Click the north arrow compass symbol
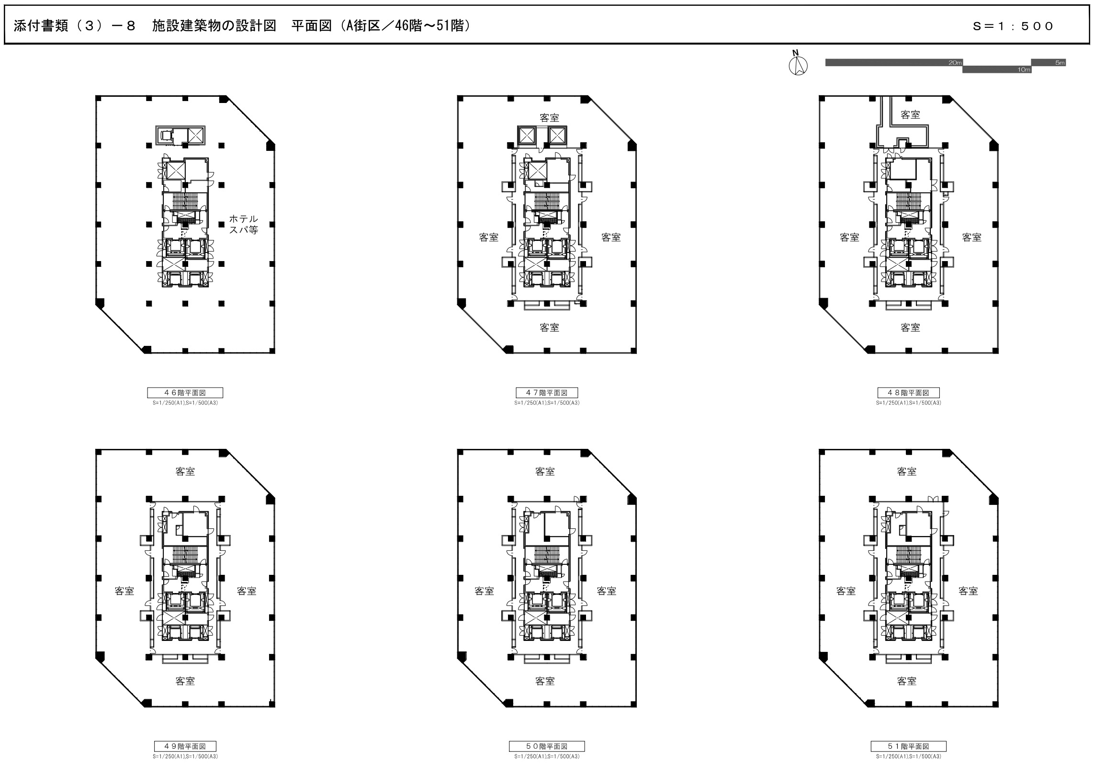[x=798, y=64]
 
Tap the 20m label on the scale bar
[x=955, y=63]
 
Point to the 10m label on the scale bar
[x=1024, y=70]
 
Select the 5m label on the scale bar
[x=1060, y=63]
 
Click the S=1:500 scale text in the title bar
[x=1013, y=26]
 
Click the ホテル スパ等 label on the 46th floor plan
[x=244, y=224]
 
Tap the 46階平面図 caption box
[x=185, y=393]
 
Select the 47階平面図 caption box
[x=547, y=393]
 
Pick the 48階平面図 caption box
[x=908, y=393]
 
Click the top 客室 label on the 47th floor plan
[x=549, y=118]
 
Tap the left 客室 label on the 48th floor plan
[x=849, y=237]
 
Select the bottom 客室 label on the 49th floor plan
[x=185, y=681]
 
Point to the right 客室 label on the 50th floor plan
[x=607, y=591]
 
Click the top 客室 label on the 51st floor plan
[x=907, y=471]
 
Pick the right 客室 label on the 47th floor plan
[x=611, y=237]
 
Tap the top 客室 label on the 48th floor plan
[x=910, y=114]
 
